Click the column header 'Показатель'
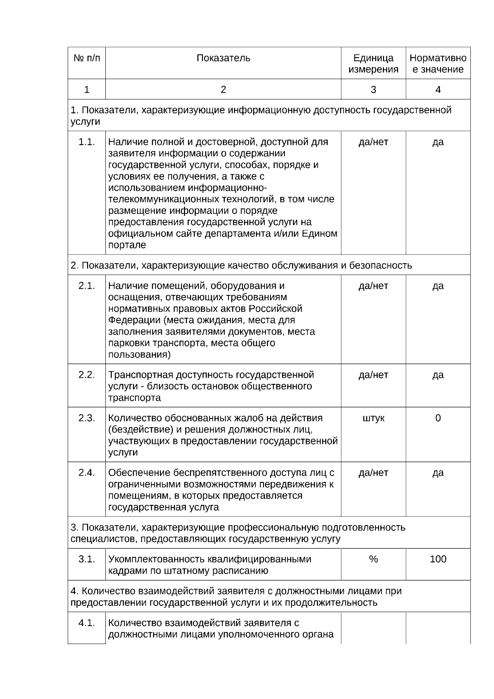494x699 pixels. (x=223, y=58)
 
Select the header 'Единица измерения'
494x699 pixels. (x=373, y=63)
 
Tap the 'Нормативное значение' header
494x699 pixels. (x=438, y=63)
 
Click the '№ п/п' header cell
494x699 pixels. (x=86, y=58)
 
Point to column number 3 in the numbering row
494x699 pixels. (x=373, y=89)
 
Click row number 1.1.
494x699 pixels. (x=86, y=142)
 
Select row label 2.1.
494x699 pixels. (x=86, y=286)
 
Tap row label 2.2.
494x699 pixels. (x=86, y=375)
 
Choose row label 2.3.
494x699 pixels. (x=86, y=418)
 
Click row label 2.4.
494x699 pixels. (x=86, y=473)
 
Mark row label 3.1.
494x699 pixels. (x=86, y=559)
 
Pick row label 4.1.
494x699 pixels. (x=86, y=623)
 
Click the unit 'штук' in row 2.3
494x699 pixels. (x=373, y=418)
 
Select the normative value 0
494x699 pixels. (x=438, y=418)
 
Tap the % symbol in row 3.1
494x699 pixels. (x=373, y=559)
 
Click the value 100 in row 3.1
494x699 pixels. (x=438, y=559)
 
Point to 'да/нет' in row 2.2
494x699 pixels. (x=373, y=375)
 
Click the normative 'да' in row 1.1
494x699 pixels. (x=438, y=142)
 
